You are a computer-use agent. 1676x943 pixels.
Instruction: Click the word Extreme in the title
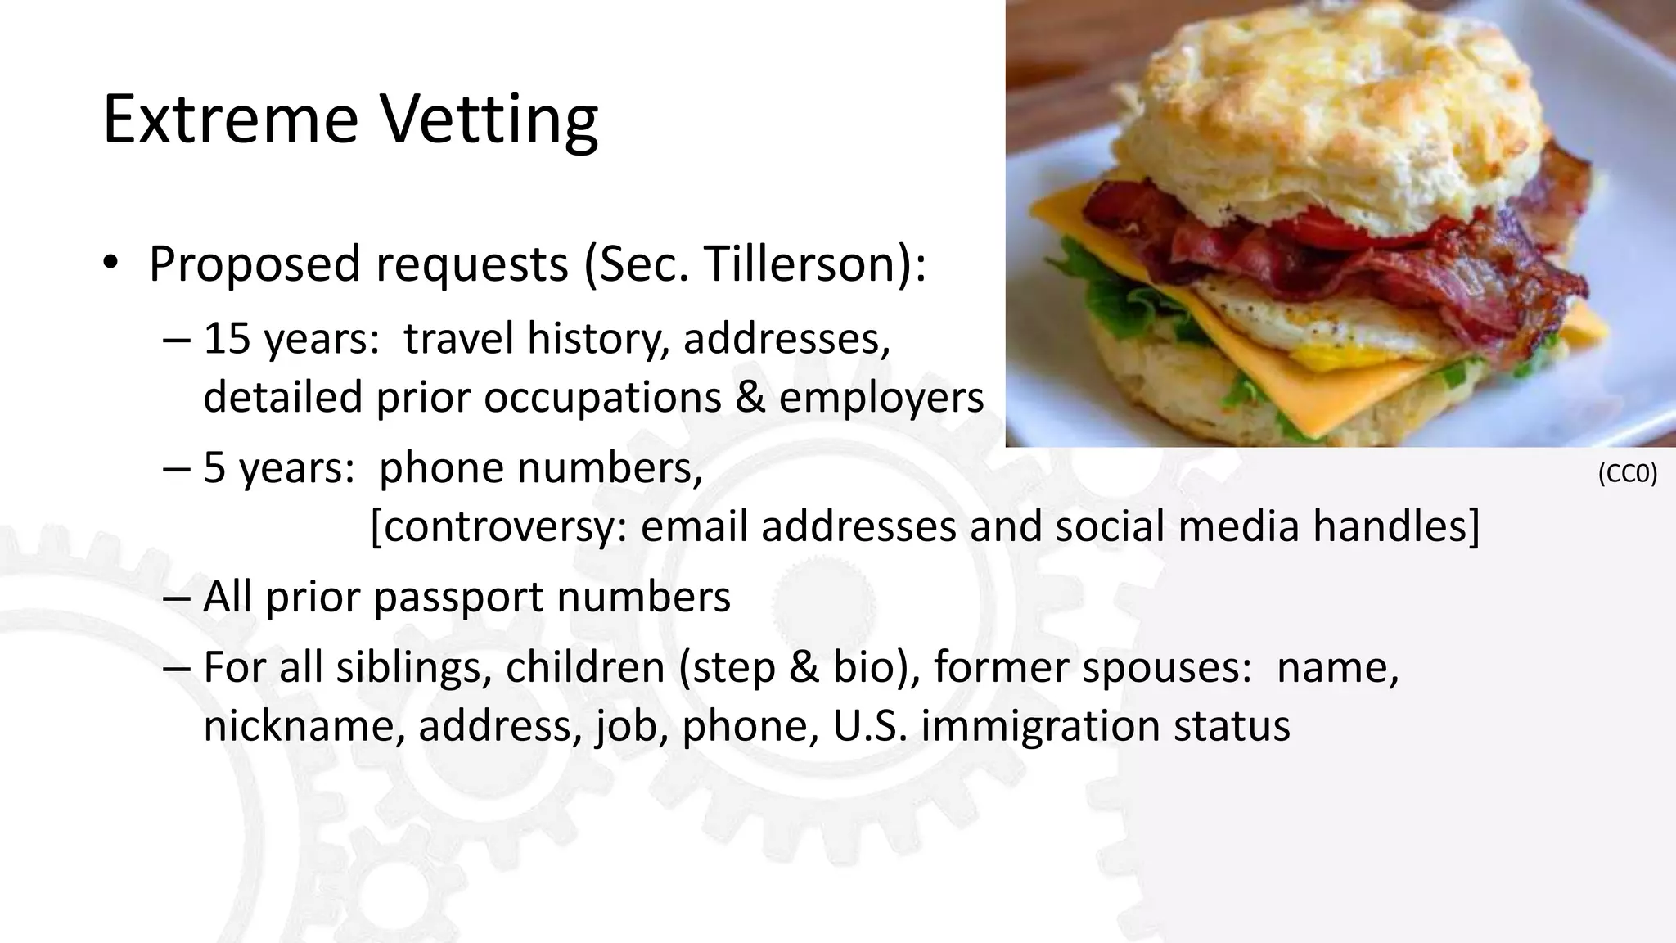tap(230, 120)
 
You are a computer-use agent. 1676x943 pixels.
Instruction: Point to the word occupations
tap(602, 398)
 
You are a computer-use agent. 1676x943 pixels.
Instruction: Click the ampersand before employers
tap(750, 398)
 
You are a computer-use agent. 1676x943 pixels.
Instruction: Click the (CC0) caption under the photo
tap(1627, 474)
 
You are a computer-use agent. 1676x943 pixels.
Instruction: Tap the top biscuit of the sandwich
tap(1326, 106)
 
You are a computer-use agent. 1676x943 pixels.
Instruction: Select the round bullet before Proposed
tap(111, 264)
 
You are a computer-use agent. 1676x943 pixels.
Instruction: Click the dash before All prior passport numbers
tap(175, 597)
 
